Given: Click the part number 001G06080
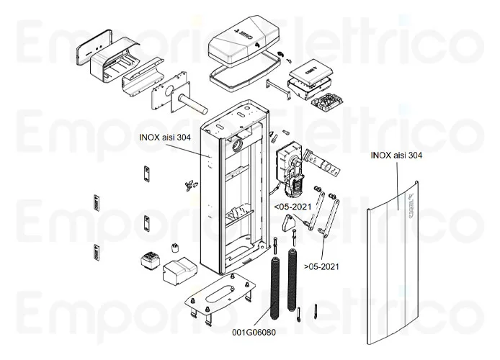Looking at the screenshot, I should [254, 332].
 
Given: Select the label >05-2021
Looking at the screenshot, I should [322, 266].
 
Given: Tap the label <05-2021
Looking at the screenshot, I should [292, 207].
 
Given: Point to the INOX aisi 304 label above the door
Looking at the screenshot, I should [396, 155].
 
